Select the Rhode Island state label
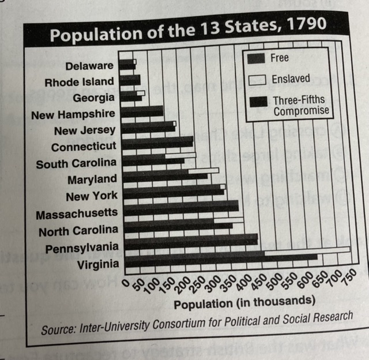(x=80, y=81)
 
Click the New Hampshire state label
(x=73, y=114)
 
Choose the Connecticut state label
(x=84, y=147)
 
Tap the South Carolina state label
(x=76, y=163)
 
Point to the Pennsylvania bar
(x=190, y=238)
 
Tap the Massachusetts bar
(x=180, y=205)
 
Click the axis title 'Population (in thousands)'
(x=244, y=302)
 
